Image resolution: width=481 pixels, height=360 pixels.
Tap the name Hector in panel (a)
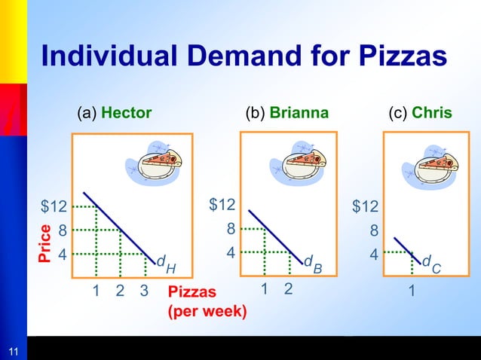pos(126,113)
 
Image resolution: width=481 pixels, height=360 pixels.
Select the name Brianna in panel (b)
pos(299,113)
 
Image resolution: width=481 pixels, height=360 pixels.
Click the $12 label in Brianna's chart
pos(222,204)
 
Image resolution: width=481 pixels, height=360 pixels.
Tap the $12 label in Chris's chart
pos(366,206)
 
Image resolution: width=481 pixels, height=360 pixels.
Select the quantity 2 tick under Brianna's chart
pos(288,288)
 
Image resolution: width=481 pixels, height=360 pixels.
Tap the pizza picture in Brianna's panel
pos(305,160)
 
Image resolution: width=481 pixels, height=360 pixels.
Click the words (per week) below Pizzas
pos(207,309)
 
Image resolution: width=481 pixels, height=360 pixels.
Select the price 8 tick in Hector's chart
pos(63,230)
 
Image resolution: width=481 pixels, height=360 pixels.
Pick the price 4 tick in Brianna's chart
pos(231,253)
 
